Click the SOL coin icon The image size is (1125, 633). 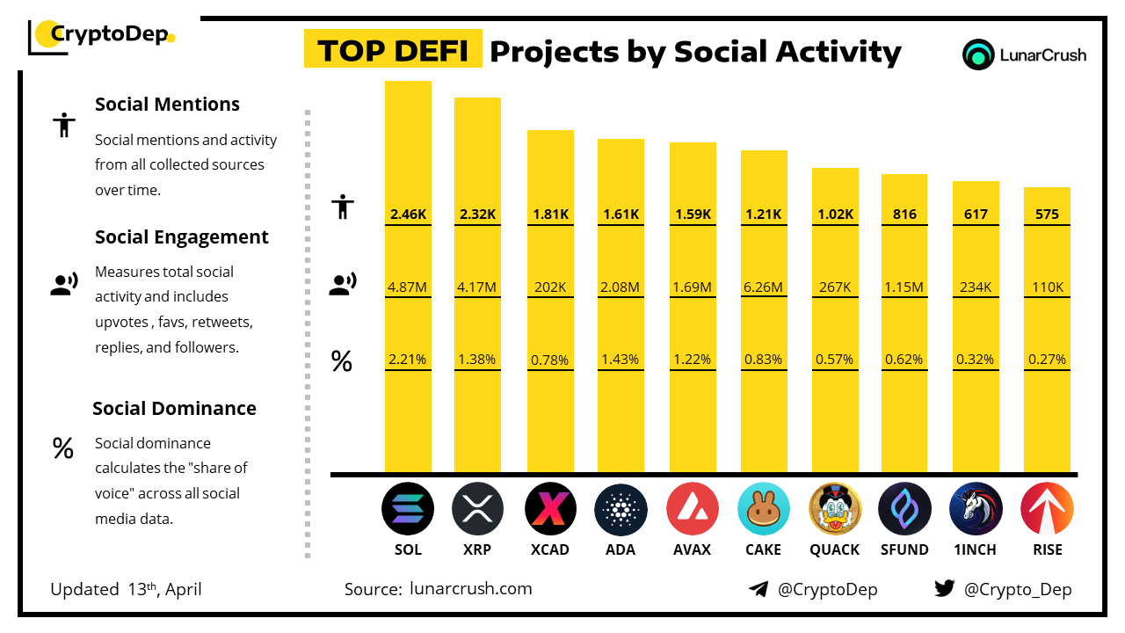408,509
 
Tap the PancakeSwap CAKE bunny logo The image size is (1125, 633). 763,509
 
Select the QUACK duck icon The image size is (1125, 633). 834,509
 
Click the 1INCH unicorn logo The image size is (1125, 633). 976,509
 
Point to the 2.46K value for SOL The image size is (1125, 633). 408,214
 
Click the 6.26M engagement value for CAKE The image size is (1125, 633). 763,287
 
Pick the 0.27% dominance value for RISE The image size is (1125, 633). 1047,359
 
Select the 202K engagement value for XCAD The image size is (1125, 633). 550,287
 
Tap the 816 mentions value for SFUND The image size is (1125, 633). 904,214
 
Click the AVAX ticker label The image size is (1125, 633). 692,549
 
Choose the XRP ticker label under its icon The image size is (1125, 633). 477,549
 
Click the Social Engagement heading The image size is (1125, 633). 182,236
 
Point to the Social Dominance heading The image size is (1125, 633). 174,408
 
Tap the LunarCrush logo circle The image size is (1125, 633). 977,55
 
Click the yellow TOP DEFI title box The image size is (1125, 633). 392,51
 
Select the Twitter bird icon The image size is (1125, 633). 945,589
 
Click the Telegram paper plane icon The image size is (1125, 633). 758,589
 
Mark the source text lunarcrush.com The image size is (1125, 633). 471,589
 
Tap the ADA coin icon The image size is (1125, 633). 621,509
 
